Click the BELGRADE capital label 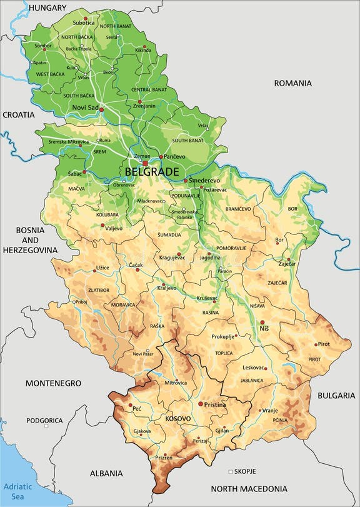(152, 171)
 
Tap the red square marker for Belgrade (146, 163)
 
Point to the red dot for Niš (262, 322)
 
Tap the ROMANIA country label (292, 83)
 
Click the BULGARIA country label (336, 395)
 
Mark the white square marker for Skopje (230, 471)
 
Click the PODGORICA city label (44, 420)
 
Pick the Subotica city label (84, 23)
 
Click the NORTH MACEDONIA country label (249, 489)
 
